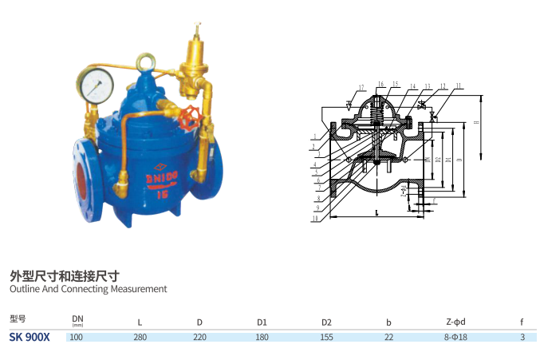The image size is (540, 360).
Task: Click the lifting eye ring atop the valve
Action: click(x=148, y=61)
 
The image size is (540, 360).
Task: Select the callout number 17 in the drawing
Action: click(x=361, y=87)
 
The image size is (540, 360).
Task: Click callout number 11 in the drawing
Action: click(x=459, y=85)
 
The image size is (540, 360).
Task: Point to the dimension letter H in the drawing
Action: click(x=475, y=123)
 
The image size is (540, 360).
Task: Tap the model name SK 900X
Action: click(x=30, y=337)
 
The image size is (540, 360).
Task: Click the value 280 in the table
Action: click(x=140, y=338)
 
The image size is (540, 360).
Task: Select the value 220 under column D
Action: click(x=199, y=338)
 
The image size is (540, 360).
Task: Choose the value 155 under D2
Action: click(x=326, y=338)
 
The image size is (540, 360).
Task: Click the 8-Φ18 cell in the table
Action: click(x=455, y=338)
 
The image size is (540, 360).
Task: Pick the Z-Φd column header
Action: click(x=455, y=322)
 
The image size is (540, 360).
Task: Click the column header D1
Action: click(x=262, y=322)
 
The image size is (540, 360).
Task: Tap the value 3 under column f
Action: click(x=522, y=338)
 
